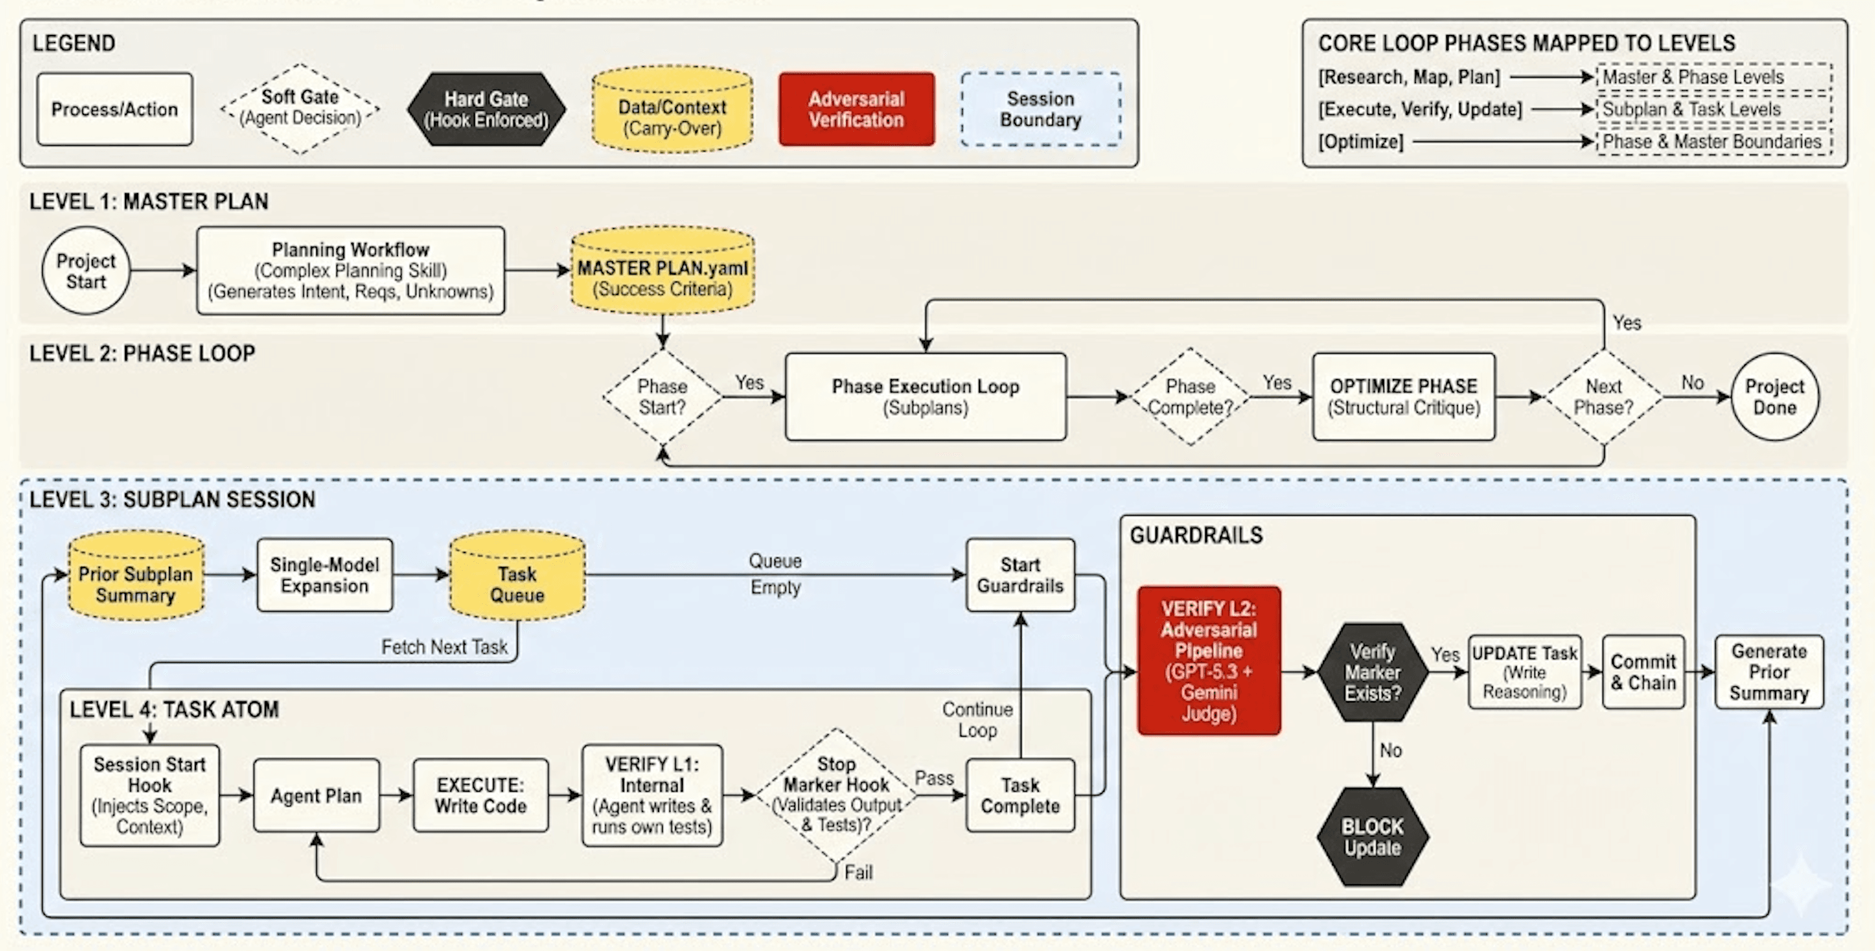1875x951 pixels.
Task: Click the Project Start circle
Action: (86, 271)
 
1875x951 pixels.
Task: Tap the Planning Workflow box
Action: (350, 271)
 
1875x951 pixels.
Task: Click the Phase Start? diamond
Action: (662, 397)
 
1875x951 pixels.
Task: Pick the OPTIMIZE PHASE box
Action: (1404, 397)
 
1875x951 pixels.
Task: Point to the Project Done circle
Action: (1774, 397)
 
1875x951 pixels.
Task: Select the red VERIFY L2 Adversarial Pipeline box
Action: (1208, 661)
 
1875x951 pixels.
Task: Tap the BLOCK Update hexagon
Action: (1372, 837)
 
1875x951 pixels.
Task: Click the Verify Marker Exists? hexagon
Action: (1372, 672)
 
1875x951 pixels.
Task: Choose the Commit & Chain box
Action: (1643, 672)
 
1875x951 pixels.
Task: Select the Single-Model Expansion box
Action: (325, 575)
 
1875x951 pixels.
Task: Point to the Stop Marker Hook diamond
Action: (836, 795)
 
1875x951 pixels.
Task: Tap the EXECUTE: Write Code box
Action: (480, 795)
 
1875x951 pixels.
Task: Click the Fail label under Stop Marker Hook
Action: (858, 872)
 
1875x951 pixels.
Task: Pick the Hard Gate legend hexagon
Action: (486, 109)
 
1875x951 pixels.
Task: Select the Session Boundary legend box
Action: (1040, 109)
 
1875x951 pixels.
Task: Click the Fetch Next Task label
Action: (444, 647)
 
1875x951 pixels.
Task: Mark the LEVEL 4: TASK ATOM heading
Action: (174, 709)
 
